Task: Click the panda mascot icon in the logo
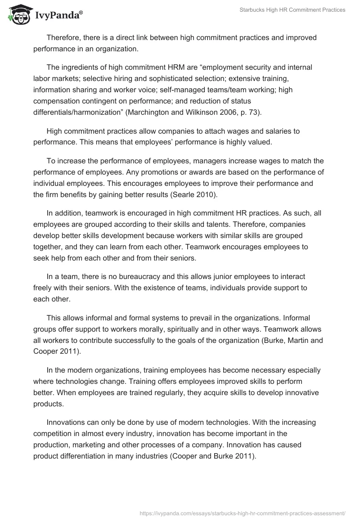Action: coord(17,16)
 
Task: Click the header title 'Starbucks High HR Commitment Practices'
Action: coord(292,10)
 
